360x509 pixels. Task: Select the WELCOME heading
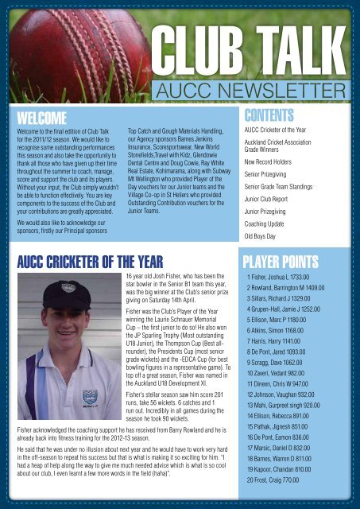tap(39, 118)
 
